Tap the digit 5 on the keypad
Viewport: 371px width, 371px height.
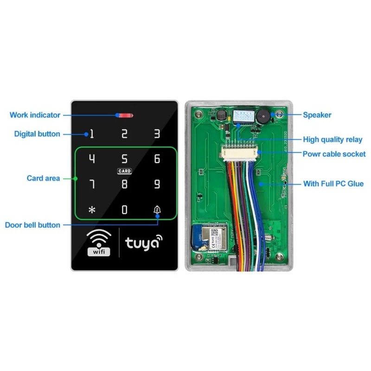tap(124, 159)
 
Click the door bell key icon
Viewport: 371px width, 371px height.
tap(157, 209)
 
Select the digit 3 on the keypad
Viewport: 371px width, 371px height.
tap(157, 134)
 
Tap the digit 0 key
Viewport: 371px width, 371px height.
tap(124, 210)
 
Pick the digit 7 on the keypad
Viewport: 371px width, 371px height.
tap(92, 184)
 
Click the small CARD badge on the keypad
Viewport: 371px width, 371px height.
tap(124, 171)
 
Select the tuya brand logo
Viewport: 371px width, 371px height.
tap(144, 243)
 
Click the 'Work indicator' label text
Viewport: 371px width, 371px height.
tap(35, 115)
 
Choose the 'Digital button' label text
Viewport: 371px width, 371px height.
tap(37, 134)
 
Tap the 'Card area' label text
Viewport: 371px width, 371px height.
tap(43, 178)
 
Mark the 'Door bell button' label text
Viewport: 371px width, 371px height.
tap(32, 225)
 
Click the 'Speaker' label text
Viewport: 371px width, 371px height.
tap(317, 115)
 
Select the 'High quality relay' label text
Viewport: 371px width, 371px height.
tap(333, 139)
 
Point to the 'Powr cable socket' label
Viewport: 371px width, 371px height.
tap(334, 154)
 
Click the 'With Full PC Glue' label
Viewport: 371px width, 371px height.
tap(333, 184)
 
